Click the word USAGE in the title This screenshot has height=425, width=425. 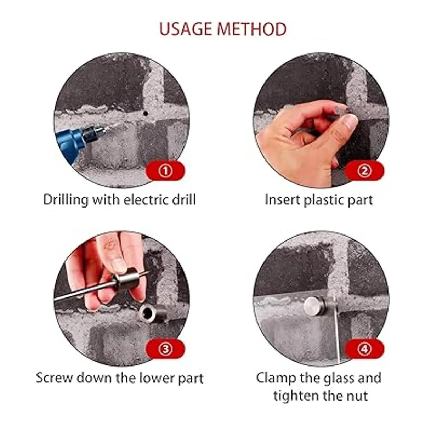(186, 29)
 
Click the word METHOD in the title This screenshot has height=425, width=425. (252, 29)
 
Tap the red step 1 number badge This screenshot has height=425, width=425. (165, 171)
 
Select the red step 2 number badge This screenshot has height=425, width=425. (364, 171)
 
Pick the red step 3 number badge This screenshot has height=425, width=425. (165, 349)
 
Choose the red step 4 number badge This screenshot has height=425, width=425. (364, 349)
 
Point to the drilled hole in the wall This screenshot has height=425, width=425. (145, 114)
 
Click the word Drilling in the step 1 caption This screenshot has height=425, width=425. (66, 200)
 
